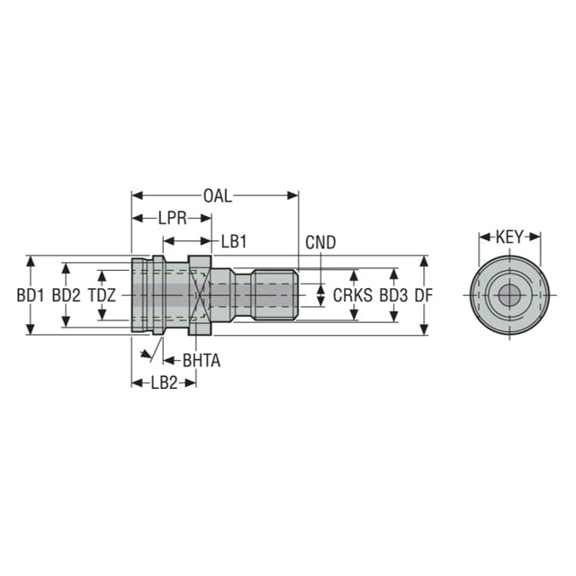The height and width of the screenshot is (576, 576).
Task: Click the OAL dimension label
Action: [x=218, y=196]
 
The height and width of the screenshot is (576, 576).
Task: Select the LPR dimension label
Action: [x=172, y=219]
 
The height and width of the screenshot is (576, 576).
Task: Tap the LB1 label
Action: [x=234, y=241]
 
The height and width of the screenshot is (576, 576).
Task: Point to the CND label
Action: [x=320, y=242]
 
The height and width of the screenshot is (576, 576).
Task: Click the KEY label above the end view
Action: [x=509, y=237]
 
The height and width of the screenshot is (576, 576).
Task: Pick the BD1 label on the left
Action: [x=30, y=295]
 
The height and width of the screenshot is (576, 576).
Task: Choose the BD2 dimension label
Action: [x=66, y=295]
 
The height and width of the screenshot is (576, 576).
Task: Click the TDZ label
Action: [x=102, y=295]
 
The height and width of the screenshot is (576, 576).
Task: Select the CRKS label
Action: [x=352, y=295]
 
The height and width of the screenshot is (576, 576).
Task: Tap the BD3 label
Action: [x=393, y=295]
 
